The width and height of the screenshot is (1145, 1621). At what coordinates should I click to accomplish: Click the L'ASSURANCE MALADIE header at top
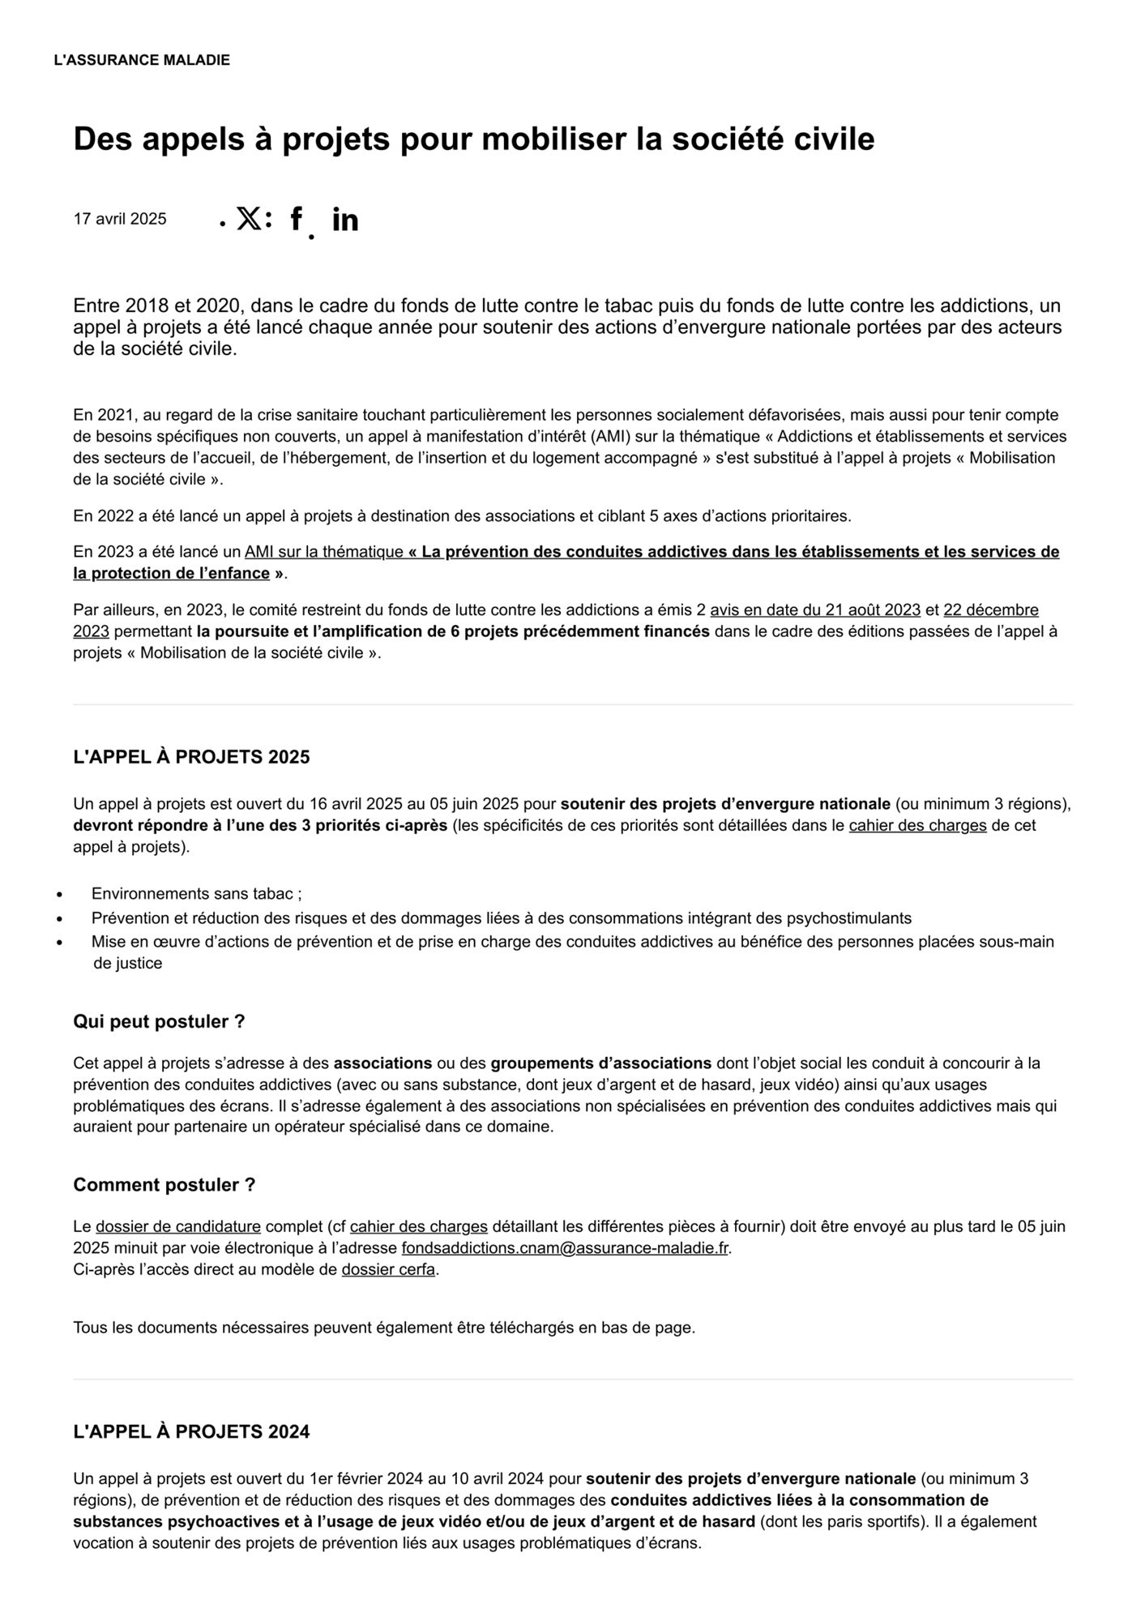click(x=142, y=60)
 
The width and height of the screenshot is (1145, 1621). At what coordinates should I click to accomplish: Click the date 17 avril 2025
click(x=120, y=219)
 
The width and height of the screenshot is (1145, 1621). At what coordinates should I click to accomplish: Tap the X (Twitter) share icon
click(x=249, y=218)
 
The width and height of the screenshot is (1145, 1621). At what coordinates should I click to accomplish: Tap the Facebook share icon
click(x=296, y=219)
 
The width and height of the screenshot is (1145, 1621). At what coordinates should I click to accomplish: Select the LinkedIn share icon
click(x=345, y=220)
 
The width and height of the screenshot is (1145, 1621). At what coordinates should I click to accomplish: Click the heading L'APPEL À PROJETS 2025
click(x=191, y=757)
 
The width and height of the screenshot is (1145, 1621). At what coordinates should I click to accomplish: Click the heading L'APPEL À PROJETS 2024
click(x=191, y=1431)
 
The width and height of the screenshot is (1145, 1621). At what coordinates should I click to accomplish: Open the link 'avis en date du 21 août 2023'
click(x=815, y=609)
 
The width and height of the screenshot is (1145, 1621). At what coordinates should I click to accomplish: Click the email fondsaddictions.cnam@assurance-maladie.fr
click(x=565, y=1248)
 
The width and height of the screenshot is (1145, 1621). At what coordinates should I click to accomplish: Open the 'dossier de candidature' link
click(x=178, y=1226)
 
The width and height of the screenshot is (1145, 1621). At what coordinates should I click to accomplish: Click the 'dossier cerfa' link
click(x=388, y=1269)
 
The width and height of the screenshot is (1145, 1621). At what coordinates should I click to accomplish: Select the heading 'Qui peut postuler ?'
click(x=159, y=1021)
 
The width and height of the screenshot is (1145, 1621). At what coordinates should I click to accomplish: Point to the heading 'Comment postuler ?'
click(x=164, y=1184)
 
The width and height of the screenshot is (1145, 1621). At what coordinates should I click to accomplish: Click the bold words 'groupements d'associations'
click(x=600, y=1063)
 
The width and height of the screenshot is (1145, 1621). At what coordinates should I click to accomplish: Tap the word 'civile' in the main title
click(x=834, y=139)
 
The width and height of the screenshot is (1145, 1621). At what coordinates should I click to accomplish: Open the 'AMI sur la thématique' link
click(x=324, y=552)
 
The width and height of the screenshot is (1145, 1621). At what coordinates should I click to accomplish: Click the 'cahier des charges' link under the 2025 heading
click(x=917, y=826)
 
